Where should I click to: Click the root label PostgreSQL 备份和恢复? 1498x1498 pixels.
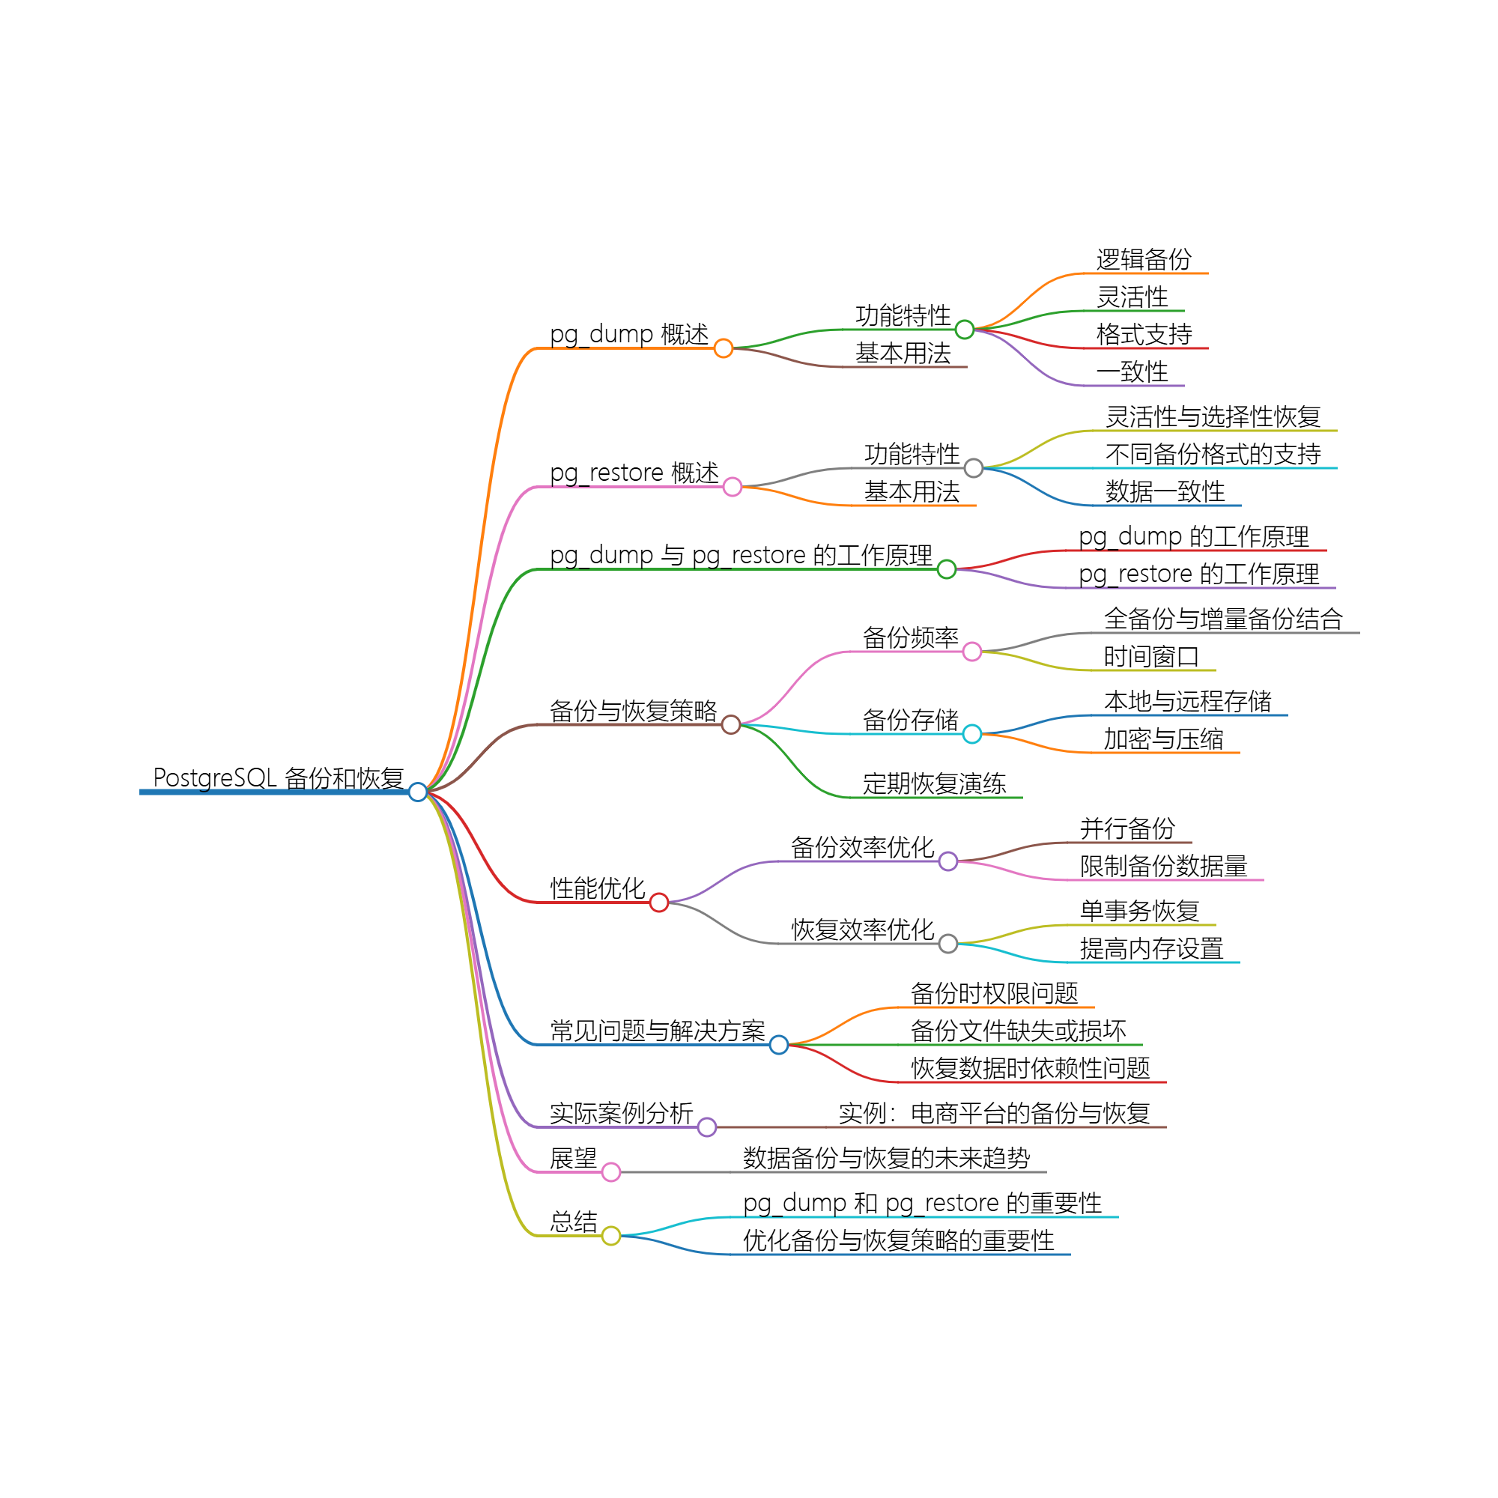(x=278, y=777)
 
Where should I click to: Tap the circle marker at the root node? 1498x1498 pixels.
(x=418, y=792)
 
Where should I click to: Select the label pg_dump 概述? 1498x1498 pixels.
(x=629, y=334)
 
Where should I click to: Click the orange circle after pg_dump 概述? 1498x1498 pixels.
(x=724, y=348)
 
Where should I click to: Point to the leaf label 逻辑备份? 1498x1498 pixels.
(x=1144, y=259)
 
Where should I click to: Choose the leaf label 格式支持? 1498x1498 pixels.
(x=1144, y=334)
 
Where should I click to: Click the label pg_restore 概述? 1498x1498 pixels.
(x=634, y=472)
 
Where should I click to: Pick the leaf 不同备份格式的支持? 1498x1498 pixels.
(x=1213, y=454)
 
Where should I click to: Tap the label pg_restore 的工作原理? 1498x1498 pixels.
(x=1198, y=574)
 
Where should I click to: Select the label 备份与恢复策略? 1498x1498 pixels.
(x=633, y=710)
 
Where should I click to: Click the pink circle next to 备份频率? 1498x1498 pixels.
(x=971, y=652)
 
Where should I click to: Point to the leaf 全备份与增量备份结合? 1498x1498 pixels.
(x=1223, y=619)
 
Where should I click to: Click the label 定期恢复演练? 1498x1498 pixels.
(x=934, y=783)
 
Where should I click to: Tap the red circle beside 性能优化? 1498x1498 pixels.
(x=659, y=903)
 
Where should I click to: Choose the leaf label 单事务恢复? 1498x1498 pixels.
(x=1140, y=910)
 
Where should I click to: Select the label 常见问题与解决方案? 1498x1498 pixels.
(x=658, y=1031)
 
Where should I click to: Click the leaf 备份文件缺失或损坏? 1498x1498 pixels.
(x=1018, y=1031)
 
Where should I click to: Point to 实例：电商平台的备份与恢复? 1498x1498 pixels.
(x=994, y=1114)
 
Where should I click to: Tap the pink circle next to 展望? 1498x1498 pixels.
(x=611, y=1172)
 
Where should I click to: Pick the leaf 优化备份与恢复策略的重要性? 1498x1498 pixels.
(x=898, y=1240)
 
